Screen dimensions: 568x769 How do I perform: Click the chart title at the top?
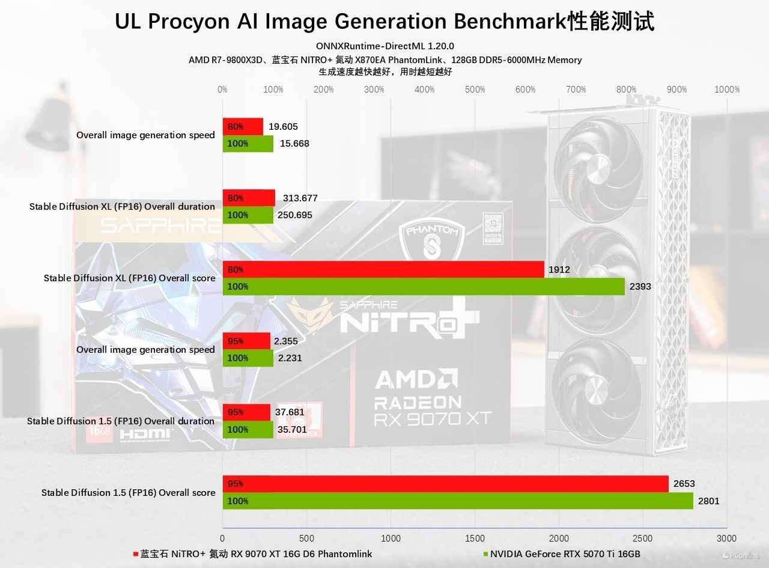point(384,22)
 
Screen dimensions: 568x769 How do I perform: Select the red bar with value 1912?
point(383,270)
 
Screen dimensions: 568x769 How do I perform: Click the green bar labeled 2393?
point(423,287)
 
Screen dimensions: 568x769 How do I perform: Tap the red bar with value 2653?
point(445,484)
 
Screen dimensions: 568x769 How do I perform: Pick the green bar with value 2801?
point(457,501)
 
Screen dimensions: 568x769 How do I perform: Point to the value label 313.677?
point(300,198)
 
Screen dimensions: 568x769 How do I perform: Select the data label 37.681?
point(289,412)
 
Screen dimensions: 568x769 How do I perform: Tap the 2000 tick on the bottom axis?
point(559,538)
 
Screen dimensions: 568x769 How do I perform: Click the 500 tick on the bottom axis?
point(306,538)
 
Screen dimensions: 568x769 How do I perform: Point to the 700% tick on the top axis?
point(576,90)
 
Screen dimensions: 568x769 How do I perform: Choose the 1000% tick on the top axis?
point(727,90)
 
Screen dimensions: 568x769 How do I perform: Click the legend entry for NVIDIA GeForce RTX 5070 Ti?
point(565,554)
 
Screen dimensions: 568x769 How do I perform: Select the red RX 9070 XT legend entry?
point(255,554)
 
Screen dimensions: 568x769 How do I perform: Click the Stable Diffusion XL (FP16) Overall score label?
point(129,278)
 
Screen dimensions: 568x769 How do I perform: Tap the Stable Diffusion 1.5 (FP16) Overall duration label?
point(121,421)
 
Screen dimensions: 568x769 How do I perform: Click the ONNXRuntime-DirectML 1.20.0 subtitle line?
point(384,46)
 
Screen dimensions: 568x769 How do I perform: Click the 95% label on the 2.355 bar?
point(236,341)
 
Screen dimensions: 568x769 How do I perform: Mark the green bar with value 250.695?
point(248,215)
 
